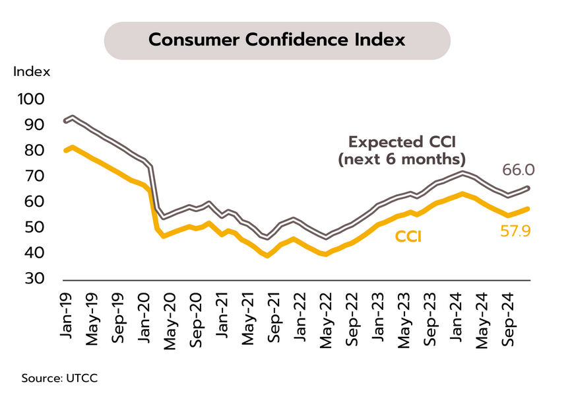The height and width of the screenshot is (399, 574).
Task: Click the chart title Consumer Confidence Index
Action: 277,40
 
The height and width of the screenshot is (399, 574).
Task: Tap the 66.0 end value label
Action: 518,170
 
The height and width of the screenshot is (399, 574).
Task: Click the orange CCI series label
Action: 409,236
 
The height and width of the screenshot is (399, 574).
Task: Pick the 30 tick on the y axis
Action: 34,279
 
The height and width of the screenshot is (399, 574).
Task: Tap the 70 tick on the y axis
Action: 34,176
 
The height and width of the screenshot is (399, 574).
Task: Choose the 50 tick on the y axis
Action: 34,228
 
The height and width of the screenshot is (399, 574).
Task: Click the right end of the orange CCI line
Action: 528,209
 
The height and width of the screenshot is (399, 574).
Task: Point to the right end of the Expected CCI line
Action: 528,188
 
